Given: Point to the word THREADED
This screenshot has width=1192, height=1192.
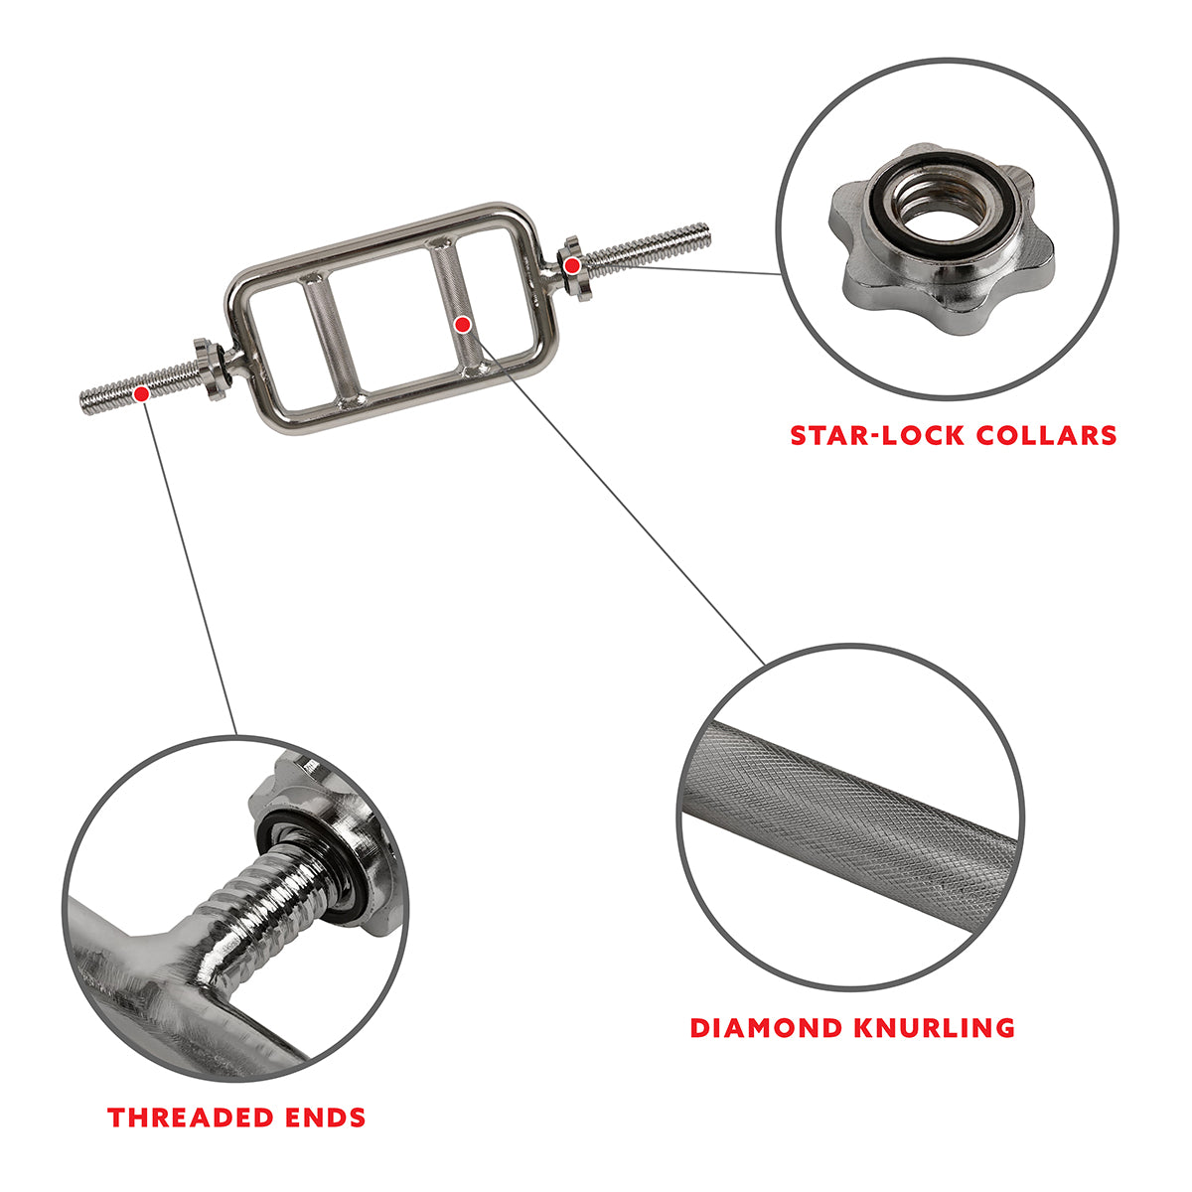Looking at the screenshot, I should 197,1117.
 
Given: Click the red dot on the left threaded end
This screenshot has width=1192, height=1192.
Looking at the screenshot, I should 142,393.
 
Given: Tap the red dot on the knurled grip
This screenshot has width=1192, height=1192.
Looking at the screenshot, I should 462,324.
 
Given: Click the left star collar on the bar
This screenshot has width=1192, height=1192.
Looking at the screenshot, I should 210,369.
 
